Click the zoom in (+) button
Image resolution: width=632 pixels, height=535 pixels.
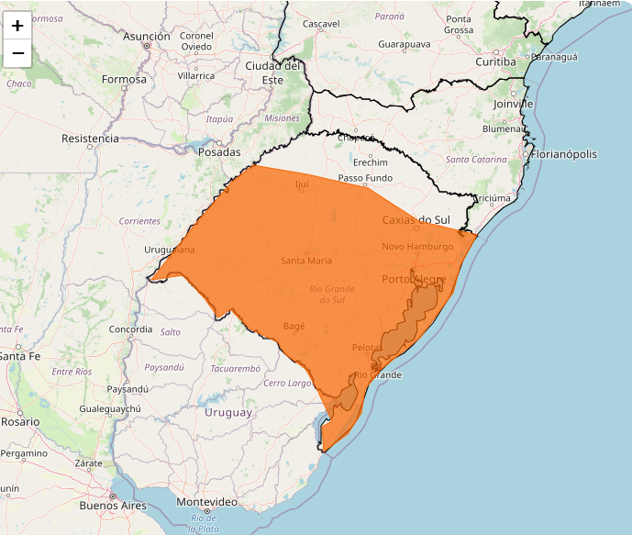[17, 26]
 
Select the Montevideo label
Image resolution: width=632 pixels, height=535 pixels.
[206, 502]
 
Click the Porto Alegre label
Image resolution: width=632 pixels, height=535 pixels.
[414, 279]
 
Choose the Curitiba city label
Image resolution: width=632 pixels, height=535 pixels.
[495, 61]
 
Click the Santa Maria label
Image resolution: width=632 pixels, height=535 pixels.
[306, 261]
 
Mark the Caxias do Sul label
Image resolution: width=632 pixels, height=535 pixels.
[416, 220]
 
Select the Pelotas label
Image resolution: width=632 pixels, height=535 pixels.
[367, 348]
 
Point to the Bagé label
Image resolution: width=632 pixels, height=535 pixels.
[294, 326]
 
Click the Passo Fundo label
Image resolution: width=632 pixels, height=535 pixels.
[364, 178]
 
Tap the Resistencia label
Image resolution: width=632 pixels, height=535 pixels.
[90, 139]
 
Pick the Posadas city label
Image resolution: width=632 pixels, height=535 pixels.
[220, 152]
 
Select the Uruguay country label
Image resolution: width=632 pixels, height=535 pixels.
[227, 413]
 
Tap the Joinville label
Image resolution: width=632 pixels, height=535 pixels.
[513, 104]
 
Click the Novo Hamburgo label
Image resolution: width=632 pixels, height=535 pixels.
[417, 247]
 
